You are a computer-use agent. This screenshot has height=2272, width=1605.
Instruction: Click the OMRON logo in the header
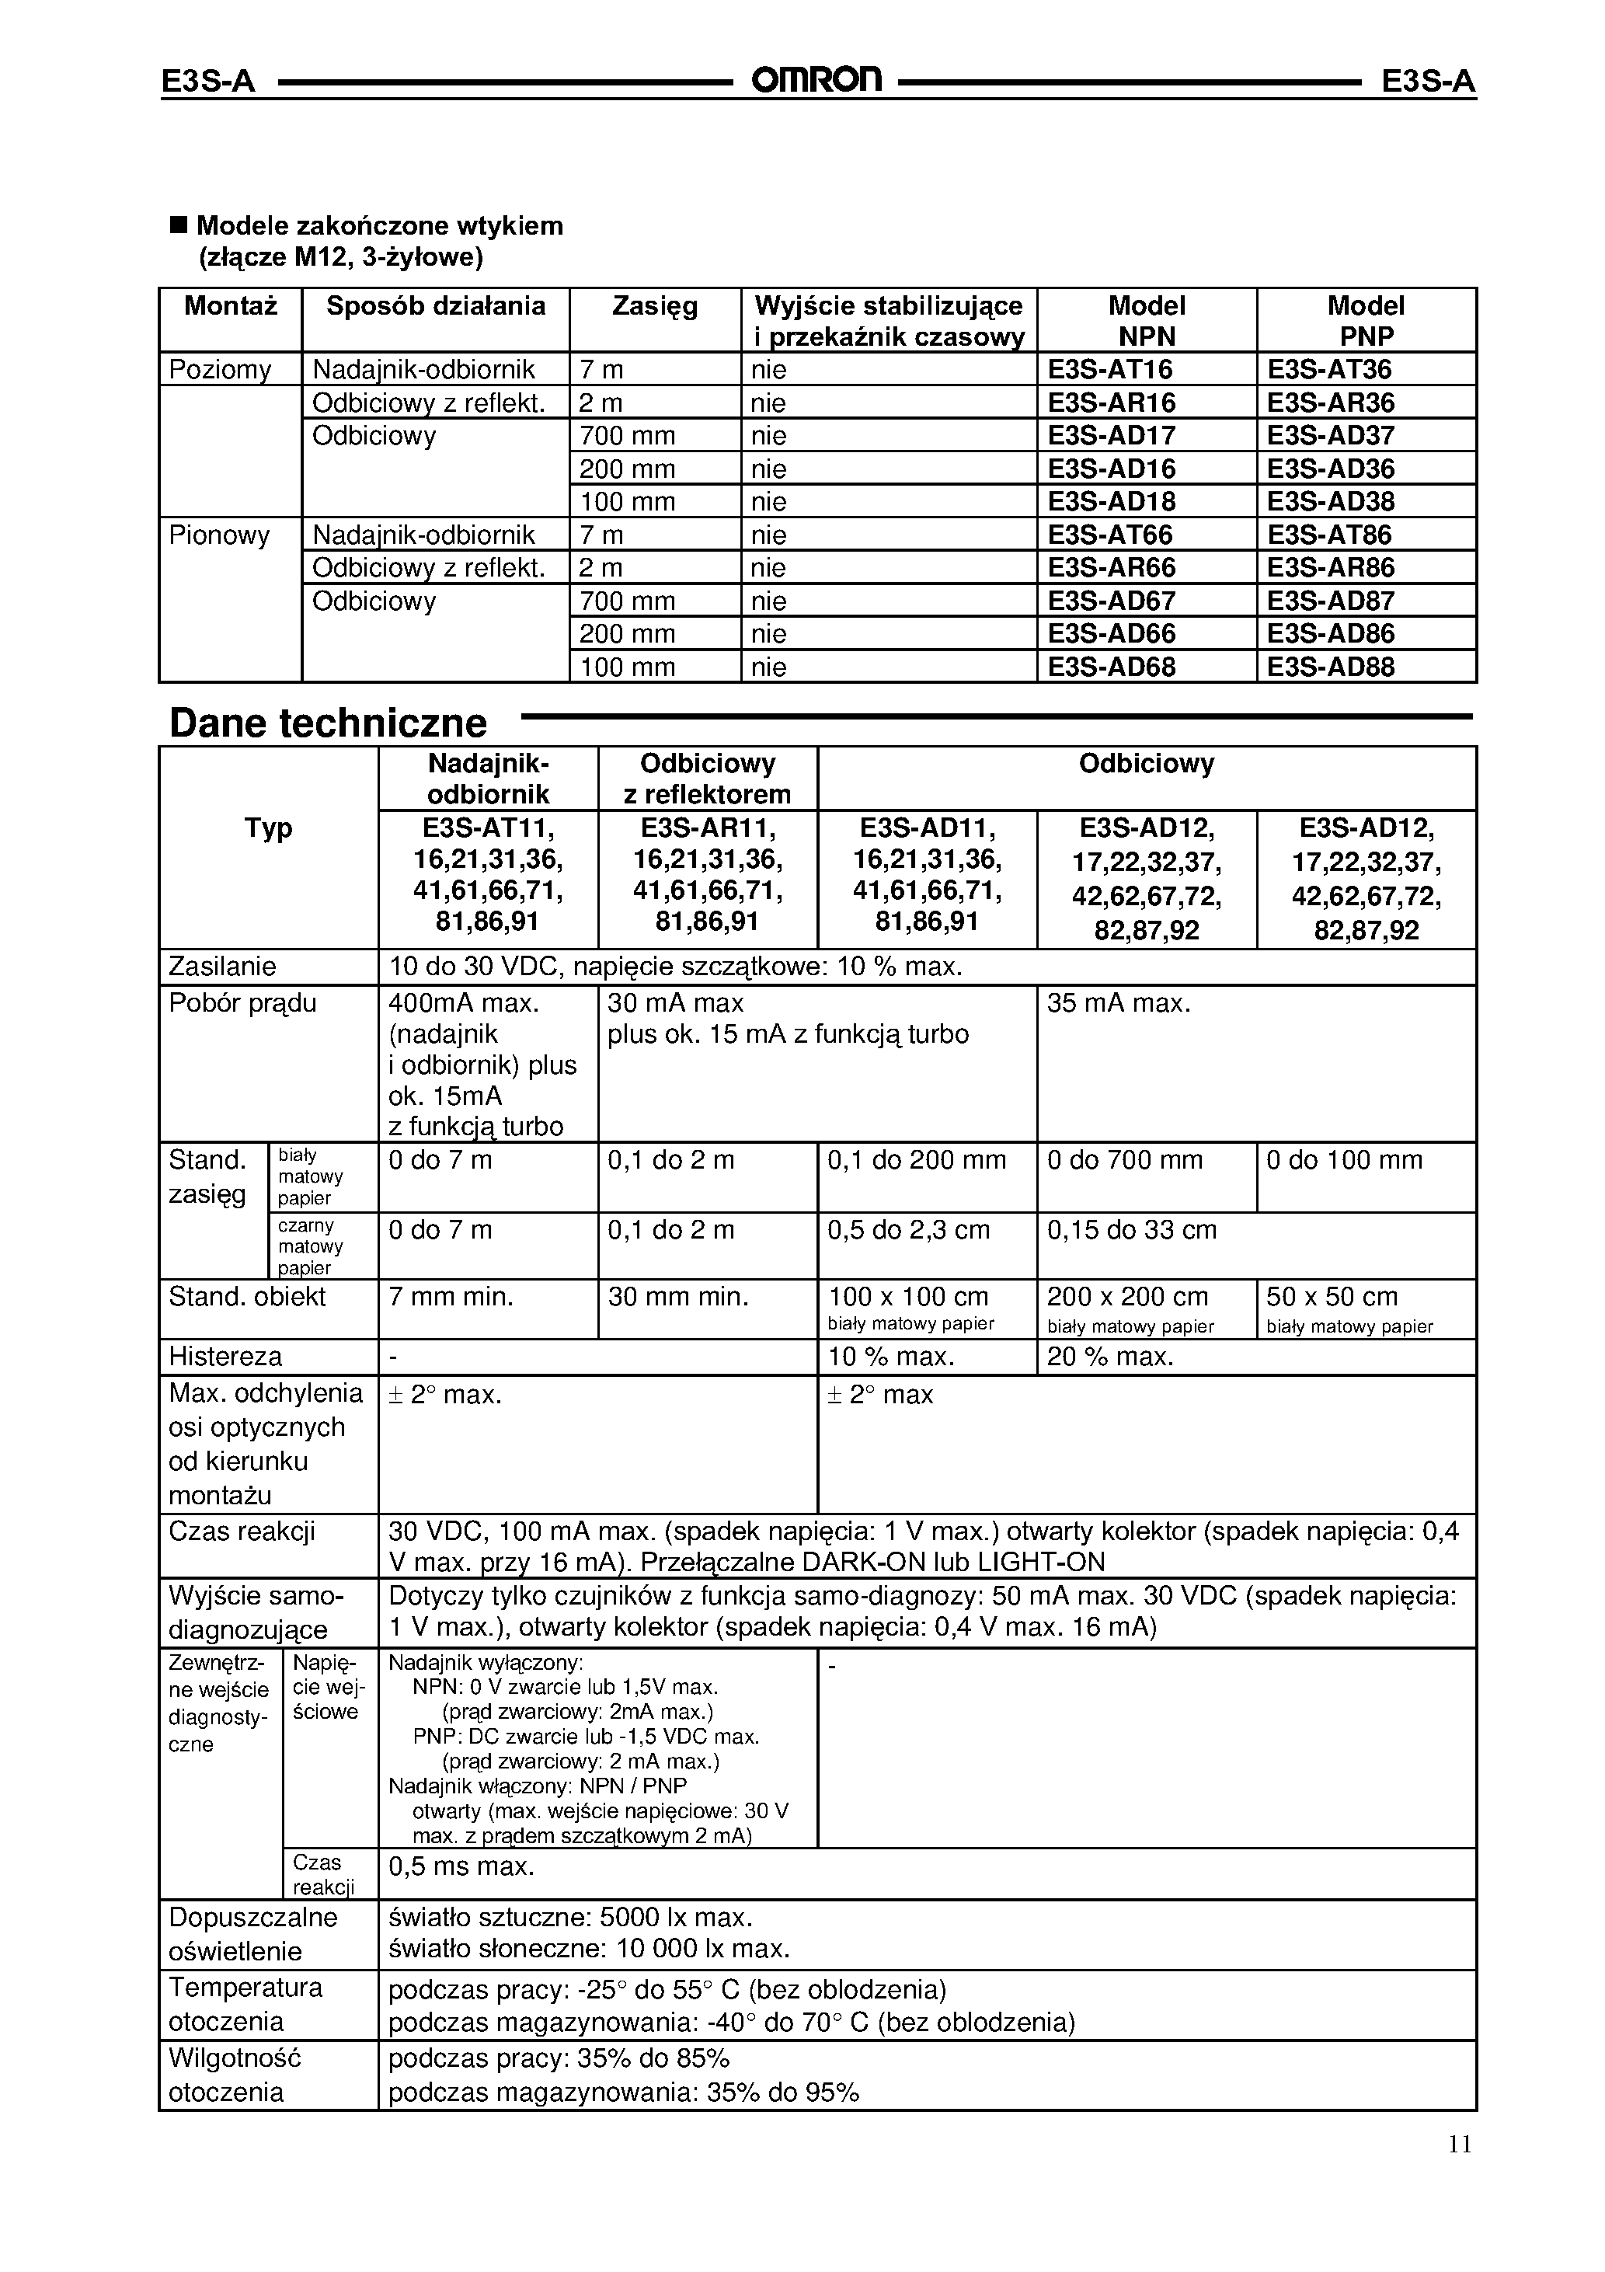coord(816,79)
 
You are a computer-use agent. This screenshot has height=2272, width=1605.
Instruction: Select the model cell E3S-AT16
coord(1109,369)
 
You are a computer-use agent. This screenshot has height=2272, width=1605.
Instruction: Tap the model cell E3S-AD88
coord(1330,667)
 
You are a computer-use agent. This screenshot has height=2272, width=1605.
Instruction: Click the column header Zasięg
coord(654,306)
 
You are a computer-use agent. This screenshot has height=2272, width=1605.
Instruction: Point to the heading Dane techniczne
coord(329,723)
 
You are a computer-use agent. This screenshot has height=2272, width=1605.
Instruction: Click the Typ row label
coord(268,828)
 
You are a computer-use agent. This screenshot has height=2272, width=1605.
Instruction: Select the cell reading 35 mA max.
coord(1118,1003)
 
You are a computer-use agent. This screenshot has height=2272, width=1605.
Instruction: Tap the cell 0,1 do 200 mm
coord(916,1160)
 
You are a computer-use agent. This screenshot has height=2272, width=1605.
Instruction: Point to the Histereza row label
coord(225,1356)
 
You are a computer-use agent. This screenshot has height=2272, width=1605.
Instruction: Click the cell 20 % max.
coord(1109,1356)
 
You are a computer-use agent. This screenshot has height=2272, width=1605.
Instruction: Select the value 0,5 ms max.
coord(461,1866)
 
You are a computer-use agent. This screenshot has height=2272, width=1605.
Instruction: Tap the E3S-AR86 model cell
coord(1330,568)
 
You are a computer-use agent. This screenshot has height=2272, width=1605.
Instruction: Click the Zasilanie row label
coord(223,966)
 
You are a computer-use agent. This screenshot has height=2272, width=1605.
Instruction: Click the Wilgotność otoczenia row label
coord(235,2075)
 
